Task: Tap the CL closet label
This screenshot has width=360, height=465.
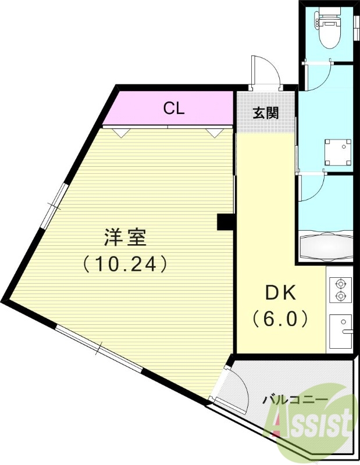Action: click(173, 108)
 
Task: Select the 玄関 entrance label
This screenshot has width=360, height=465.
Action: click(265, 112)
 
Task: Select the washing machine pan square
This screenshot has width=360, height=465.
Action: click(338, 153)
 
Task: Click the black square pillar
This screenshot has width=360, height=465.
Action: click(224, 222)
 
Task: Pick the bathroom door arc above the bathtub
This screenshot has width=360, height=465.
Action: click(314, 189)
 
